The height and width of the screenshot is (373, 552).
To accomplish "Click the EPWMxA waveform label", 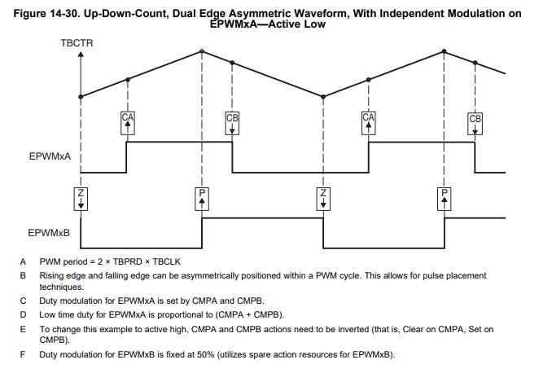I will pyautogui.click(x=49, y=151).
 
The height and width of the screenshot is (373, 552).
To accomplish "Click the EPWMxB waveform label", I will pyautogui.click(x=49, y=232).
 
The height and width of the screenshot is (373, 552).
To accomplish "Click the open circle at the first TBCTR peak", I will pyautogui.click(x=202, y=51).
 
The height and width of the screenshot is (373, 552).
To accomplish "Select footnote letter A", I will pyautogui.click(x=24, y=261).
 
